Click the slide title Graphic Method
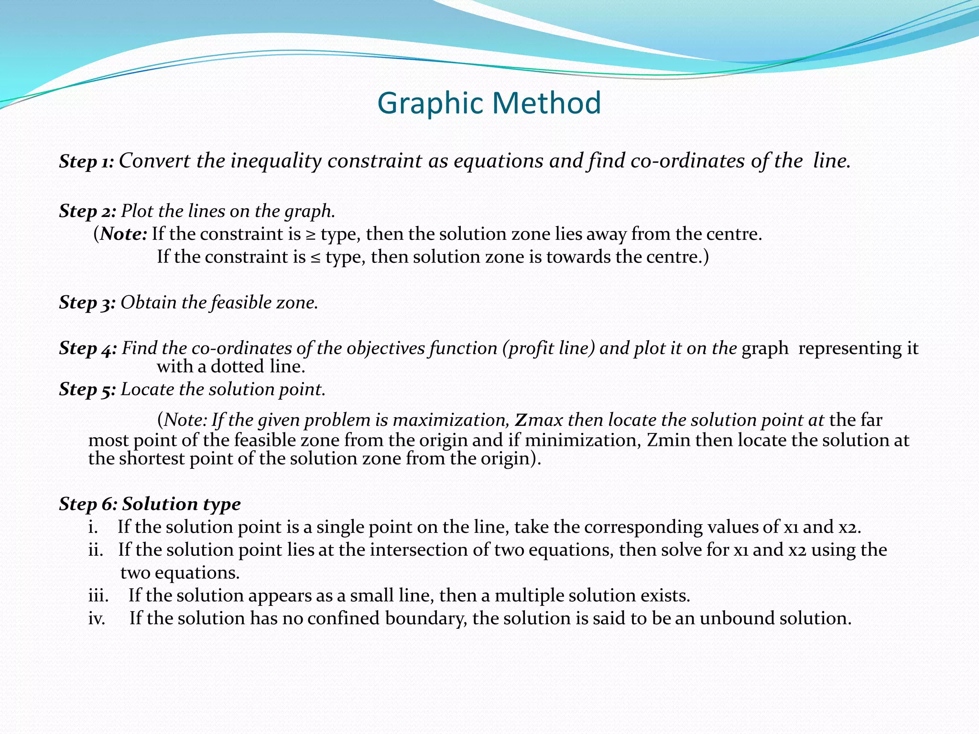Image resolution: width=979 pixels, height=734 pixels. [489, 103]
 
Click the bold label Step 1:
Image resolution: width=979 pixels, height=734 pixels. [87, 162]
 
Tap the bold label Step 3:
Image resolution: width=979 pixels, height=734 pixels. [87, 302]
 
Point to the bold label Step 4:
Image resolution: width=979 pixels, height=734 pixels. [88, 348]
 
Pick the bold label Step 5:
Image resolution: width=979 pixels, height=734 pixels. [87, 389]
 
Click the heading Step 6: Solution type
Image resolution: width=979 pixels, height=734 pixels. [150, 504]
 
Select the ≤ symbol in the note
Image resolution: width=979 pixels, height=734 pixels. [315, 258]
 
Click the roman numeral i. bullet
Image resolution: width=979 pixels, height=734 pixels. [93, 527]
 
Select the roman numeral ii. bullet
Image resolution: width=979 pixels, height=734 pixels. [96, 550]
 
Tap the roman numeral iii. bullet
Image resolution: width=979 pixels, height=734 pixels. [98, 596]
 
